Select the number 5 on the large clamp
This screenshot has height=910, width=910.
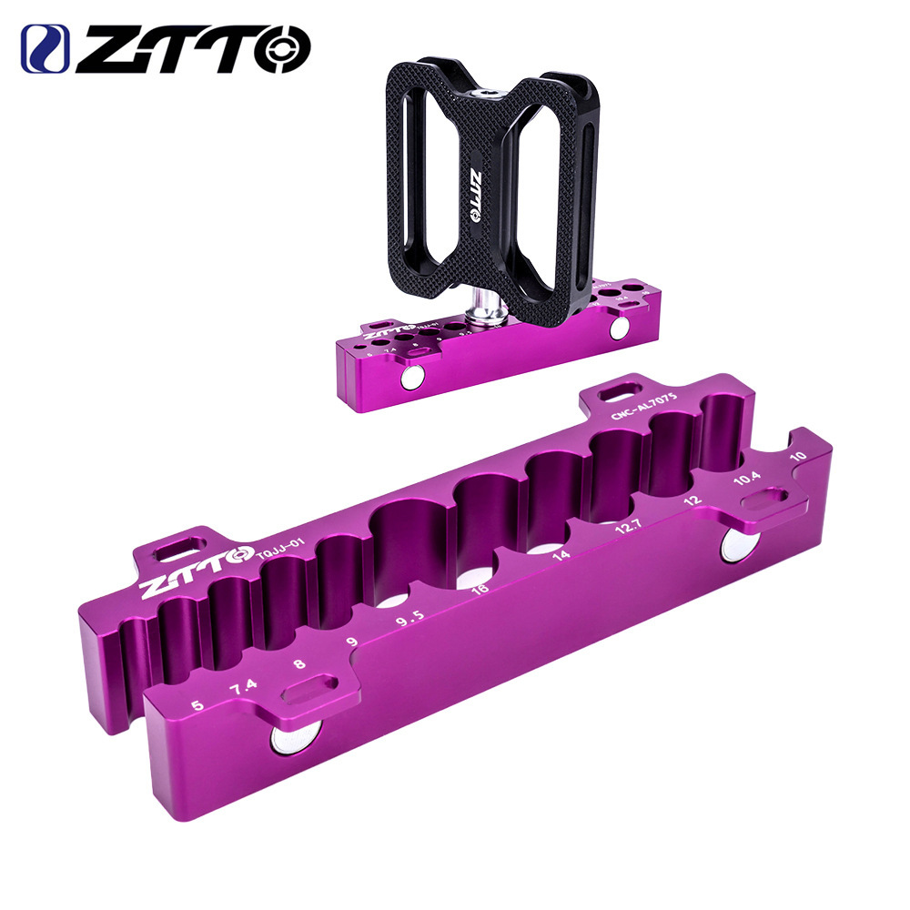click(198, 704)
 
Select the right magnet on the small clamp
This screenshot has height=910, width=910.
click(619, 329)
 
